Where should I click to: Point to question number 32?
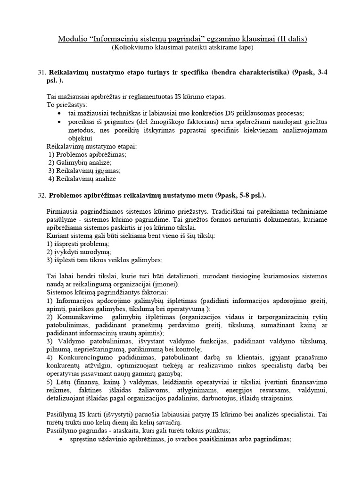coord(41,195)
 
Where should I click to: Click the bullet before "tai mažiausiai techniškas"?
coord(58,113)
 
